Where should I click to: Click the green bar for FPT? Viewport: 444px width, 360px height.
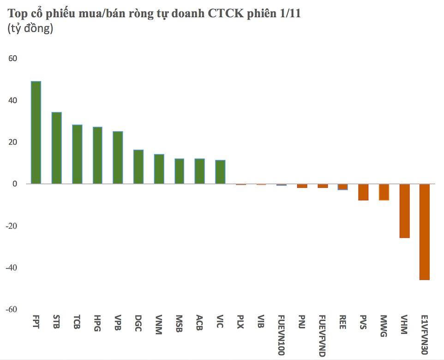pyautogui.click(x=36, y=132)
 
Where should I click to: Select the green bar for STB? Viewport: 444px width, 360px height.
pyautogui.click(x=56, y=148)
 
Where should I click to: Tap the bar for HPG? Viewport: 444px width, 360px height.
pyautogui.click(x=97, y=156)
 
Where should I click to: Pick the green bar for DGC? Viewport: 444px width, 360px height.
pyautogui.click(x=138, y=167)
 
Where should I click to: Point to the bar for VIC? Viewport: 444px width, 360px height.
pyautogui.click(x=220, y=172)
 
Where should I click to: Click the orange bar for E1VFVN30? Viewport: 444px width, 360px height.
pyautogui.click(x=425, y=232)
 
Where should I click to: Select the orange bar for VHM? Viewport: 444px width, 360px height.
pyautogui.click(x=404, y=211)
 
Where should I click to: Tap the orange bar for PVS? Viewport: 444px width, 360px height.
pyautogui.click(x=363, y=192)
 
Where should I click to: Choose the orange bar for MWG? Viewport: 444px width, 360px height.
pyautogui.click(x=384, y=192)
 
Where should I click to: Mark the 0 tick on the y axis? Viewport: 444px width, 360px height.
pyautogui.click(x=15, y=184)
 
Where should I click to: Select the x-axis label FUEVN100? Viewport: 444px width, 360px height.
pyautogui.click(x=282, y=336)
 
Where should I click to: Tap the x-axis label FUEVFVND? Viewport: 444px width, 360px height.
pyautogui.click(x=323, y=336)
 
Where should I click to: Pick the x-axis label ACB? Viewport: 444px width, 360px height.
pyautogui.click(x=199, y=322)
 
